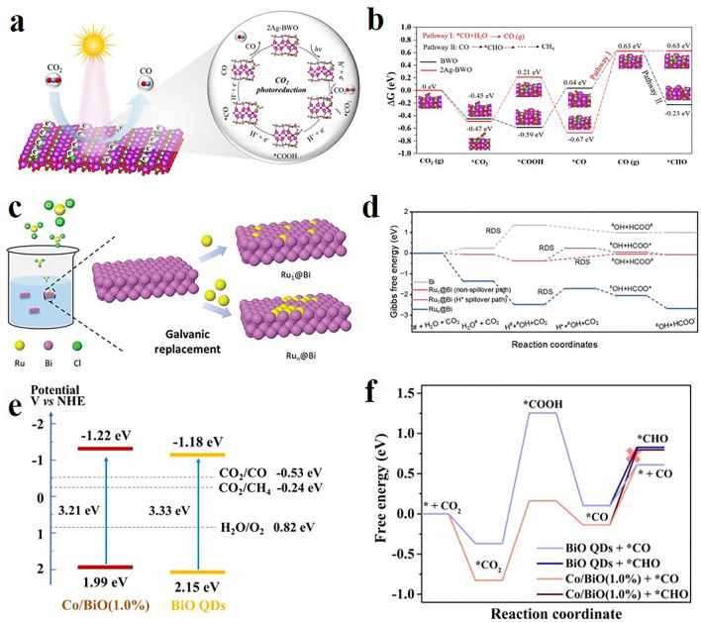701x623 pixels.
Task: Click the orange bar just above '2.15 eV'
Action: (x=225, y=571)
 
